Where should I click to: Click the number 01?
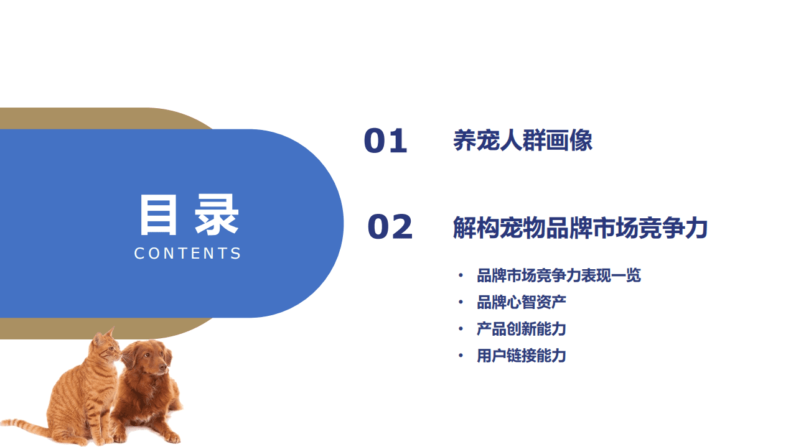click(385, 141)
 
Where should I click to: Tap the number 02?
click(390, 227)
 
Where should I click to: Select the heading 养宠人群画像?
click(522, 141)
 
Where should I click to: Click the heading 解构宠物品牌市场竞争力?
click(580, 228)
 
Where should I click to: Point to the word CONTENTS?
click(188, 254)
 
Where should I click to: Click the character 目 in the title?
click(159, 215)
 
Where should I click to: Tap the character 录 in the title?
click(217, 215)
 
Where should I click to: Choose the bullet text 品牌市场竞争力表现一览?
click(558, 275)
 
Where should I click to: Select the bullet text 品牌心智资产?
click(521, 302)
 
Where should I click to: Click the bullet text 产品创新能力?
click(521, 329)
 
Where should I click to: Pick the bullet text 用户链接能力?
click(521, 356)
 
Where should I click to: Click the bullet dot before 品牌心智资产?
click(461, 302)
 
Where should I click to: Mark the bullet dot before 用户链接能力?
click(461, 356)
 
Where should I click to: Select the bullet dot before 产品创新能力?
click(461, 329)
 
